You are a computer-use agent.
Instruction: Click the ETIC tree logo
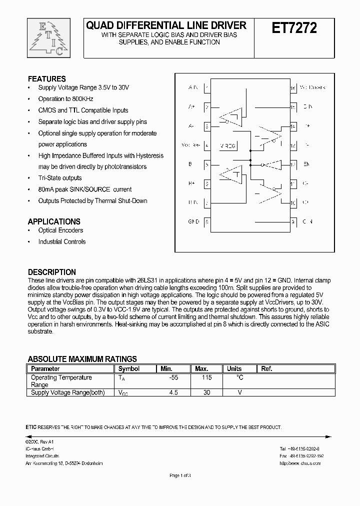point(45,38)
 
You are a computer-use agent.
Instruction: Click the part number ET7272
point(294,28)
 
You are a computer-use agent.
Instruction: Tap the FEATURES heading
point(46,78)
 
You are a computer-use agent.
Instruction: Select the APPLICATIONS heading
point(54,221)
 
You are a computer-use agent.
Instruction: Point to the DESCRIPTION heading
point(52,272)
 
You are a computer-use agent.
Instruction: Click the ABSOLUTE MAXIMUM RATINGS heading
point(82,359)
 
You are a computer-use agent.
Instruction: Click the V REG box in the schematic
point(228,145)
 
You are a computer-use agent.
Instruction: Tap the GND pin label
point(193,221)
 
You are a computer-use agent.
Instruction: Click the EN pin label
point(307,164)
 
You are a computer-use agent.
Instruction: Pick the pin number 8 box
point(207,221)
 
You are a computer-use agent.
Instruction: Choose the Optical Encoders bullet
point(60,230)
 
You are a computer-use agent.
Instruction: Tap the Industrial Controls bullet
point(62,242)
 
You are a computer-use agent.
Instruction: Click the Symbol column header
point(129,368)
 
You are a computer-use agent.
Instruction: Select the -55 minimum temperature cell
point(173,377)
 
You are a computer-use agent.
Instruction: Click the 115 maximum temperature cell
point(206,377)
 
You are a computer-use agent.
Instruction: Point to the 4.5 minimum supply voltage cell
point(173,392)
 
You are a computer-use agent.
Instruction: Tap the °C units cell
point(239,377)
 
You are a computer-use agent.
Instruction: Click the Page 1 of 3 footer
point(180,475)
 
